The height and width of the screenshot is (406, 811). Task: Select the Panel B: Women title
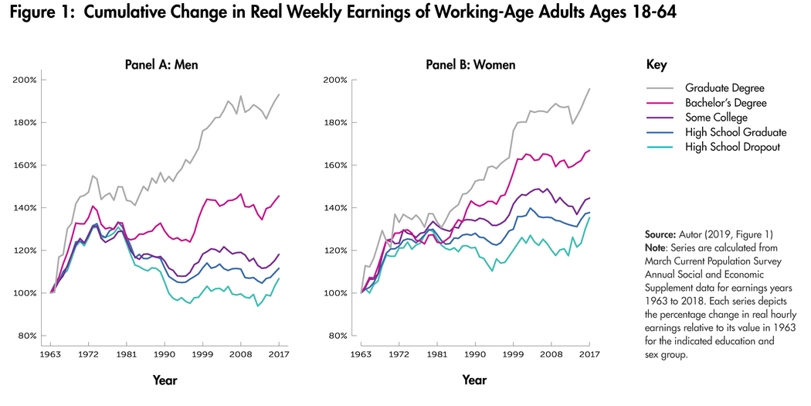470,64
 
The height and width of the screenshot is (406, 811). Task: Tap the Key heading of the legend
656,65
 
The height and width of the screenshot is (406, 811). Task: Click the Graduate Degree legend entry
724,87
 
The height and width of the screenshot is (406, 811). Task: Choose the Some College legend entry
716,118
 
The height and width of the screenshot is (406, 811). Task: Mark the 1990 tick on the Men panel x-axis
162,353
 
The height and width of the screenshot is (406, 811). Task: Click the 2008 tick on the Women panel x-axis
551,353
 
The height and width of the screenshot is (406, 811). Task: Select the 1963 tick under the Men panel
51,353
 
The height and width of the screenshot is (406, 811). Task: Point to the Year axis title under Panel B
474,380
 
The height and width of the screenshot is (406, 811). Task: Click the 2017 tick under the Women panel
589,353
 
